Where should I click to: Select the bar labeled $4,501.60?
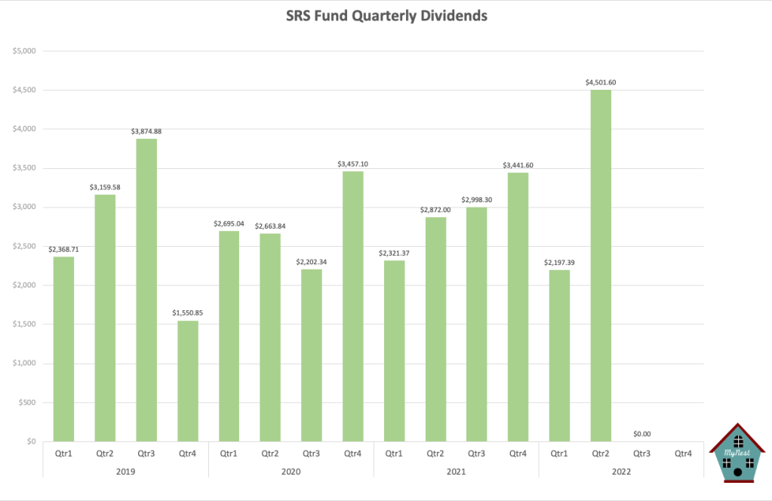pyautogui.click(x=601, y=265)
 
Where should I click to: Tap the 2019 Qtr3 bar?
pyautogui.click(x=146, y=290)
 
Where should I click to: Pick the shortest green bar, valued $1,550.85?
pyautogui.click(x=188, y=381)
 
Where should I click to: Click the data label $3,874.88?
pyautogui.click(x=146, y=131)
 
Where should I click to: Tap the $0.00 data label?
pyautogui.click(x=641, y=434)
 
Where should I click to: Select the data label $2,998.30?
pyautogui.click(x=476, y=200)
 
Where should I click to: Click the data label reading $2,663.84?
pyautogui.click(x=270, y=226)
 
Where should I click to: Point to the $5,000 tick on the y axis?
pyautogui.click(x=26, y=51)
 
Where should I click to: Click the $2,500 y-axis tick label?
pyautogui.click(x=26, y=246)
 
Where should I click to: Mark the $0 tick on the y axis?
pyautogui.click(x=31, y=441)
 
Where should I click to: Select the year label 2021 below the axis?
pyautogui.click(x=456, y=472)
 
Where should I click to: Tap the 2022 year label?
pyautogui.click(x=621, y=472)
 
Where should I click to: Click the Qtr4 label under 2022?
pyautogui.click(x=683, y=453)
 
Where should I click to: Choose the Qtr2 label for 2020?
pyautogui.click(x=270, y=453)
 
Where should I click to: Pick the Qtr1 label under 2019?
pyautogui.click(x=64, y=453)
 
